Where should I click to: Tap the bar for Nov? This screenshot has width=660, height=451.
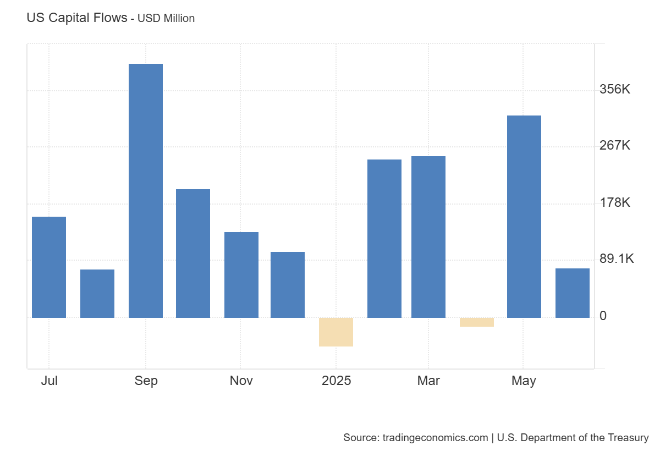pyautogui.click(x=241, y=275)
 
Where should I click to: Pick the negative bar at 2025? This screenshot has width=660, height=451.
pyautogui.click(x=336, y=332)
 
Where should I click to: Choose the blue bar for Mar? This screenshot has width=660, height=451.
pyautogui.click(x=428, y=237)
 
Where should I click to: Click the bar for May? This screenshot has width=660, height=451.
pyautogui.click(x=524, y=217)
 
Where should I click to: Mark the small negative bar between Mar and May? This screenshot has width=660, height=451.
pyautogui.click(x=477, y=322)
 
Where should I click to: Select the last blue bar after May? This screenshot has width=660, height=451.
pyautogui.click(x=573, y=293)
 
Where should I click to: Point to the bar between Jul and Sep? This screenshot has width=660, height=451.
pyautogui.click(x=97, y=294)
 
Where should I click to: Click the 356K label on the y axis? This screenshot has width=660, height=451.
pyautogui.click(x=615, y=89)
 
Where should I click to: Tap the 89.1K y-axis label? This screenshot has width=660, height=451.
pyautogui.click(x=617, y=259)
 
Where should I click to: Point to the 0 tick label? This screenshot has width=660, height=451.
pyautogui.click(x=603, y=316)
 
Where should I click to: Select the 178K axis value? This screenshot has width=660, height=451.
pyautogui.click(x=615, y=202)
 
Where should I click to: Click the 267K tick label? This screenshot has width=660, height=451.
pyautogui.click(x=615, y=146)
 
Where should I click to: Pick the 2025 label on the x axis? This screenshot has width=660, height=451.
pyautogui.click(x=337, y=381)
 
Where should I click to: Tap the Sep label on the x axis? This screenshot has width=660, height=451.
pyautogui.click(x=146, y=381)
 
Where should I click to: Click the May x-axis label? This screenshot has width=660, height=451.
pyautogui.click(x=524, y=381)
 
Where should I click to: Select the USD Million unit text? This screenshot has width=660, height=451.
pyautogui.click(x=166, y=18)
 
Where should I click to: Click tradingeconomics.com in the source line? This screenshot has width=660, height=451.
pyautogui.click(x=435, y=438)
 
